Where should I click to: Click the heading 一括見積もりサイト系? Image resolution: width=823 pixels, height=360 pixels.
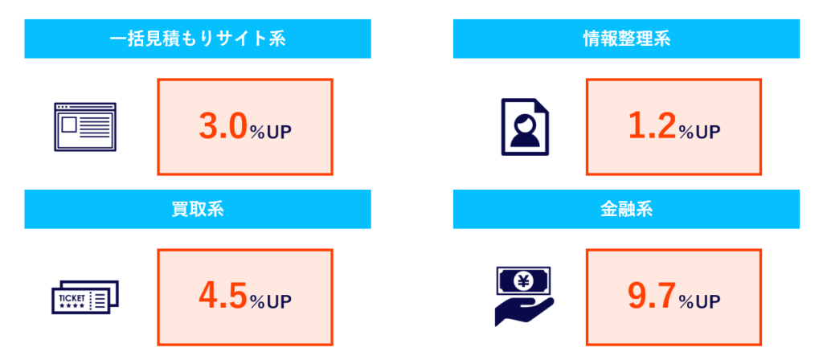click(x=197, y=39)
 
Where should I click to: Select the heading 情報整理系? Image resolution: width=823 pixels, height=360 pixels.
click(x=626, y=39)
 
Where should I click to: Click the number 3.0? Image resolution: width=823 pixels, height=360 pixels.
click(x=222, y=128)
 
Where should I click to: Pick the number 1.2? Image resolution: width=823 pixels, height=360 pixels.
click(x=651, y=128)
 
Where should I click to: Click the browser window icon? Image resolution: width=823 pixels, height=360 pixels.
click(x=84, y=127)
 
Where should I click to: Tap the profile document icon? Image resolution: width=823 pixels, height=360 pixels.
click(x=526, y=127)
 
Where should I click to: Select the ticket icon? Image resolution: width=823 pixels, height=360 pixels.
click(x=84, y=298)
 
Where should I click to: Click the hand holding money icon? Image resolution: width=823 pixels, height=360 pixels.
click(x=523, y=295)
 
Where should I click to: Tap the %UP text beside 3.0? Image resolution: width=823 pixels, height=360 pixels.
click(x=270, y=132)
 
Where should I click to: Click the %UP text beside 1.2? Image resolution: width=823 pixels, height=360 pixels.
click(x=699, y=132)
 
